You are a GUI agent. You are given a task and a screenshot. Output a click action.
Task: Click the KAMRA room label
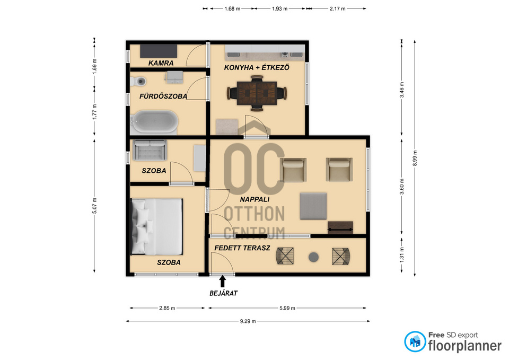click(161, 63)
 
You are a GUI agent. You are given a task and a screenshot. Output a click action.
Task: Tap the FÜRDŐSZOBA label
click(163, 96)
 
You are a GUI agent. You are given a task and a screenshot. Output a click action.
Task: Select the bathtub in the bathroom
click(154, 122)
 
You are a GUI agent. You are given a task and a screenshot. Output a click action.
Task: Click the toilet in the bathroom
click(139, 81)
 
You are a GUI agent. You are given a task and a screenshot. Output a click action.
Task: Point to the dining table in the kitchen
click(257, 93)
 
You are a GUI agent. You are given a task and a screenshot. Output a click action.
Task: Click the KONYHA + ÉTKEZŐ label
click(257, 67)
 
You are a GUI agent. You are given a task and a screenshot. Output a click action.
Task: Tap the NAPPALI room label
click(255, 199)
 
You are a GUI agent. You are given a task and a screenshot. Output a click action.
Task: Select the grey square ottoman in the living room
click(313, 206)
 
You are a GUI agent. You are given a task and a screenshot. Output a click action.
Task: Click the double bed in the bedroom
click(156, 226)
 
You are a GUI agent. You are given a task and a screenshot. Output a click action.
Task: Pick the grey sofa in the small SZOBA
click(150, 150)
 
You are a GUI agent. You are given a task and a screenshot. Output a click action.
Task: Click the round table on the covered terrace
click(313, 257)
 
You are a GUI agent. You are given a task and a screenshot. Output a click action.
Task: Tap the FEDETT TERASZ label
click(242, 248)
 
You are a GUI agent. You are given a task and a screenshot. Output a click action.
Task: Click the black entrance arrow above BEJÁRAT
click(223, 281)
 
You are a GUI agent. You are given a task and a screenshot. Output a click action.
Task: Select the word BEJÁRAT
click(223, 293)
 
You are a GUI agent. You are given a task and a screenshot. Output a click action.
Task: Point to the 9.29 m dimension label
click(248, 321)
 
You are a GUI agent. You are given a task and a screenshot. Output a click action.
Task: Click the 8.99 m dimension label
click(415, 159)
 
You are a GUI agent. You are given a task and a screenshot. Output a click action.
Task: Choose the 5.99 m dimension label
click(287, 308)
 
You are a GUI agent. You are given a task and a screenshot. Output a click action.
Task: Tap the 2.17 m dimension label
click(338, 9)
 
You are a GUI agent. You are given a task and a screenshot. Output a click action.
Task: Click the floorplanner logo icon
click(415, 341)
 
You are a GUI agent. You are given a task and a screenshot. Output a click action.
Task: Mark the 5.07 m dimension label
click(94, 206)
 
